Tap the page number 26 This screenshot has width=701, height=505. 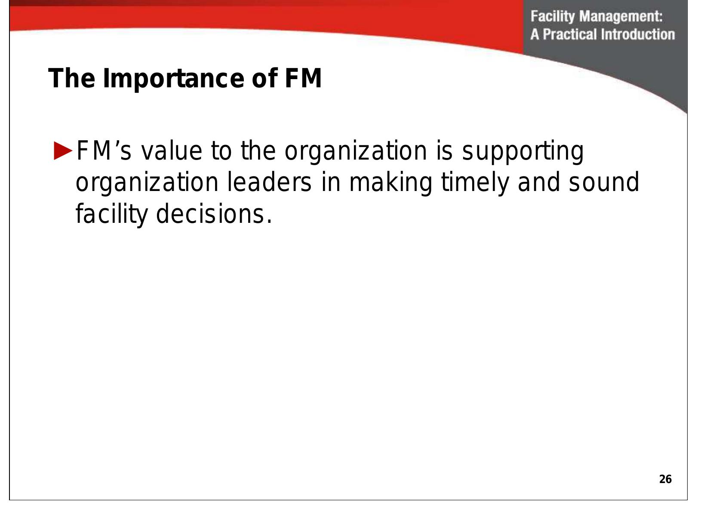(x=665, y=479)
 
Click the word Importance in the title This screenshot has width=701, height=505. (x=172, y=79)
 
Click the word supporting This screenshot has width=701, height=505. (x=523, y=152)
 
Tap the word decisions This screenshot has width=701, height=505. (x=213, y=214)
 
